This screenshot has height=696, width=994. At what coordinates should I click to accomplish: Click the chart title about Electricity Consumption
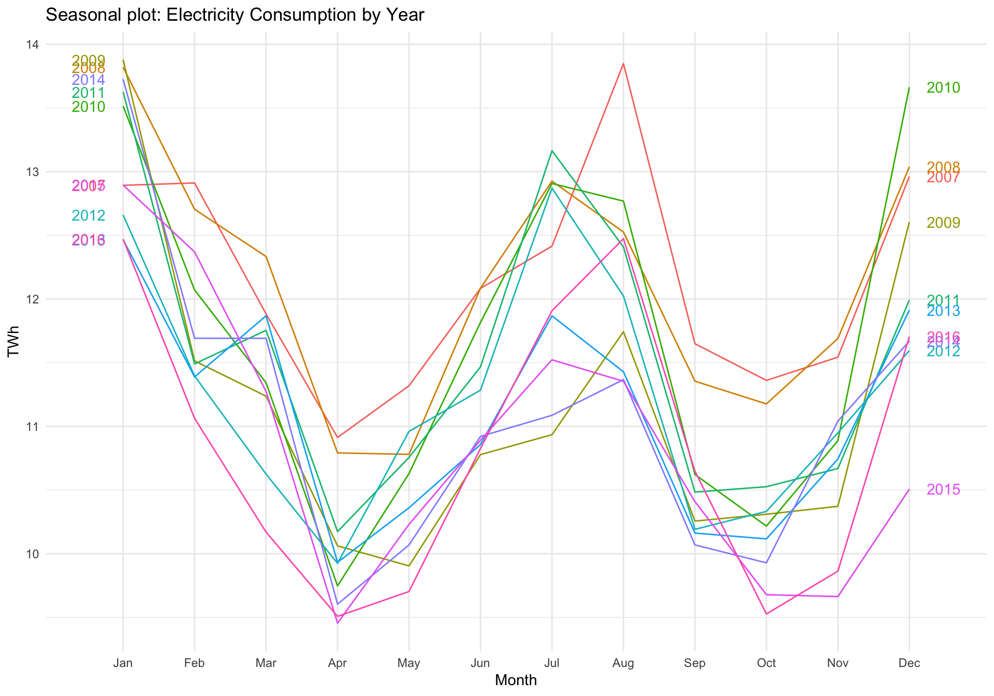[235, 15]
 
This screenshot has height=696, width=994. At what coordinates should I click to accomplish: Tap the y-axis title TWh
[14, 342]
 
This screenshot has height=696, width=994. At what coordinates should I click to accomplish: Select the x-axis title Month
[516, 680]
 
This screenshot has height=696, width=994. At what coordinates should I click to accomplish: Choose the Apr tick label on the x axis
[338, 663]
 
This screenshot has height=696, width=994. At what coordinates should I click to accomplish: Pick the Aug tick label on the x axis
[623, 663]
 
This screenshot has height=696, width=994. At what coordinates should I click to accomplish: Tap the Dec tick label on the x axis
[909, 663]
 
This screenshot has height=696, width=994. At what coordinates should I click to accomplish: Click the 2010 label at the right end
[943, 88]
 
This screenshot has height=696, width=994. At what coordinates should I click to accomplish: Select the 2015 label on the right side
[943, 489]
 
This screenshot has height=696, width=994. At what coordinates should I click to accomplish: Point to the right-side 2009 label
[943, 223]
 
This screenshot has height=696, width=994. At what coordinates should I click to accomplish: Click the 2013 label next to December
[943, 311]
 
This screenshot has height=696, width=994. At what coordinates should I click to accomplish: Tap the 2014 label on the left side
[89, 80]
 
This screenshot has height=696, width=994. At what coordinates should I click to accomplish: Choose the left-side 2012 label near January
[89, 215]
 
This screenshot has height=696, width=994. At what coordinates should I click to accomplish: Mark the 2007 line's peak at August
[623, 64]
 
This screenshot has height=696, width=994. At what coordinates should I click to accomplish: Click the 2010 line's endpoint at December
[909, 88]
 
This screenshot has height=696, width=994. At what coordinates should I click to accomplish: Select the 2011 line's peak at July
[552, 151]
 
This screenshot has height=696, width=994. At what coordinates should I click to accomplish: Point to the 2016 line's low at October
[766, 614]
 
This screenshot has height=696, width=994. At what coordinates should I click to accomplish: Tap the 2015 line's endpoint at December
[909, 489]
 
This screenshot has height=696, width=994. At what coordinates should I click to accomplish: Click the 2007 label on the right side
[943, 178]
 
